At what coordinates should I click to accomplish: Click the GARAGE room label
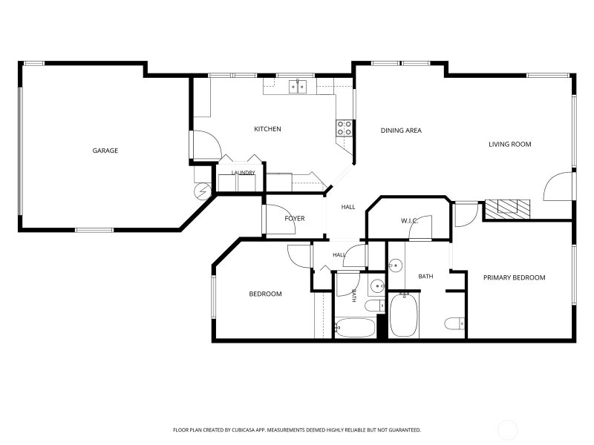click(x=105, y=151)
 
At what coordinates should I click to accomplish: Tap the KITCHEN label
click(x=267, y=129)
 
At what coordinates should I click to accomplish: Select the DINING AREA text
click(x=401, y=131)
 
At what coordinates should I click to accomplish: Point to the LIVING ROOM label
click(x=510, y=144)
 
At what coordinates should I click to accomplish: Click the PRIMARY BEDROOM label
click(x=515, y=277)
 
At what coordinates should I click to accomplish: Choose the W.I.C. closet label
click(x=410, y=220)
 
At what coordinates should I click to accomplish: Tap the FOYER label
click(x=295, y=219)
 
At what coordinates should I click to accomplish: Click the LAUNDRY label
click(x=244, y=173)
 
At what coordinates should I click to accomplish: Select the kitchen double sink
click(x=298, y=87)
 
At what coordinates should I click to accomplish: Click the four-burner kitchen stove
click(x=345, y=128)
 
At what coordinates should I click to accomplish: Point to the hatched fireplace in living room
click(x=508, y=209)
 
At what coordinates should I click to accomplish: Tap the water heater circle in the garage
click(x=203, y=191)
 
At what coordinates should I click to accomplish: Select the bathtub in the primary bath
click(x=404, y=314)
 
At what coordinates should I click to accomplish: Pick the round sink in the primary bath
click(x=395, y=266)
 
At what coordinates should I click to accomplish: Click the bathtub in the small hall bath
click(x=355, y=328)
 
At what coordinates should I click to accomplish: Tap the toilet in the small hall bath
click(x=375, y=306)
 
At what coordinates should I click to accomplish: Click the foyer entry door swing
click(x=280, y=220)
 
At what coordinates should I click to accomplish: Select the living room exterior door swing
click(x=558, y=186)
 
